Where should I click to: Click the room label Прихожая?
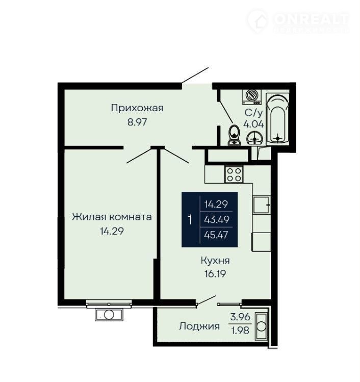(x=137, y=108)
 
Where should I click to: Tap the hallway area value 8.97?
(x=137, y=122)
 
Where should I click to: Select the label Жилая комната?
(x=112, y=217)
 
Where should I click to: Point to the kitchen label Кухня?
(x=215, y=261)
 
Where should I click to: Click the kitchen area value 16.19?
(x=215, y=274)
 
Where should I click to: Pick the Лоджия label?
(x=199, y=326)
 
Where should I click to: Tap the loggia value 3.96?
(x=240, y=317)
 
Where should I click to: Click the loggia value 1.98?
(x=240, y=330)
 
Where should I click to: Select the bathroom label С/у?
(x=254, y=113)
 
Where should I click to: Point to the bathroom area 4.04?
(x=253, y=124)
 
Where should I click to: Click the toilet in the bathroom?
(x=235, y=135)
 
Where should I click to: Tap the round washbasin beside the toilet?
(x=254, y=138)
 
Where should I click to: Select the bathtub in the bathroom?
(x=278, y=119)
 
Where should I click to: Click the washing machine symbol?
(x=251, y=97)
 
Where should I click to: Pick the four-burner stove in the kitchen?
(x=234, y=174)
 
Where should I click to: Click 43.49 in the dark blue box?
(x=217, y=220)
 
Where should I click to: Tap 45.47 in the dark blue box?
(x=216, y=235)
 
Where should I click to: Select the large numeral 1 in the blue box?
(x=190, y=219)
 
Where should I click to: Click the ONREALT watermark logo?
(x=299, y=21)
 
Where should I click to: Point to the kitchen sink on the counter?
(x=262, y=205)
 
